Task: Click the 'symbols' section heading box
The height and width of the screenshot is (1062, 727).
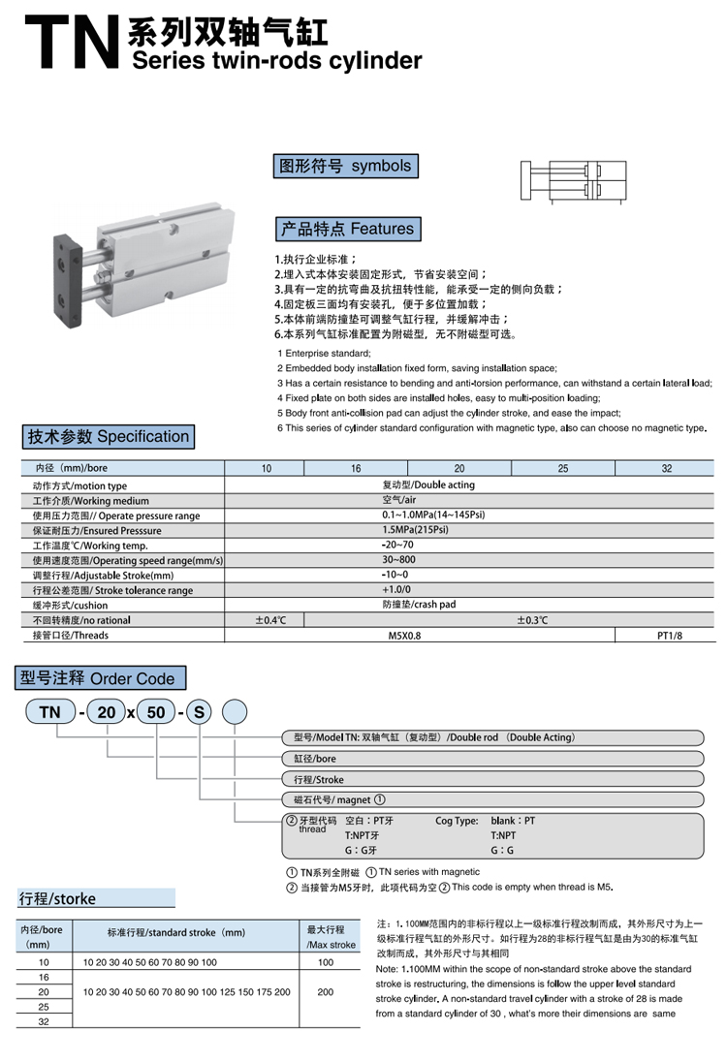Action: (x=345, y=167)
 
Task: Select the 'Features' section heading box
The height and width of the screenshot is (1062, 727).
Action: (x=347, y=230)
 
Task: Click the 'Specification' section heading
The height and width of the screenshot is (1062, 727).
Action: (x=108, y=437)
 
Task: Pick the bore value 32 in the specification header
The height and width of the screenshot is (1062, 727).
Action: (x=666, y=469)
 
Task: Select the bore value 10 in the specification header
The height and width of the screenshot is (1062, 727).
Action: (x=266, y=469)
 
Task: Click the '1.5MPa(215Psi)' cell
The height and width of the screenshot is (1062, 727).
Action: (x=415, y=531)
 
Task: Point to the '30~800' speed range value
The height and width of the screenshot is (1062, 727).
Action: (x=398, y=561)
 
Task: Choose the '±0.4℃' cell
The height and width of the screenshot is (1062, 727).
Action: (x=270, y=620)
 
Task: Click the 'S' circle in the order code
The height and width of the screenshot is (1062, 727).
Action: (x=198, y=712)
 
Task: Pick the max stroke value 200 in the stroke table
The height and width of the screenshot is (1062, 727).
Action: (x=326, y=992)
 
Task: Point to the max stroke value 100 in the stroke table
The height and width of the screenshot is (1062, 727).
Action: (x=326, y=962)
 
